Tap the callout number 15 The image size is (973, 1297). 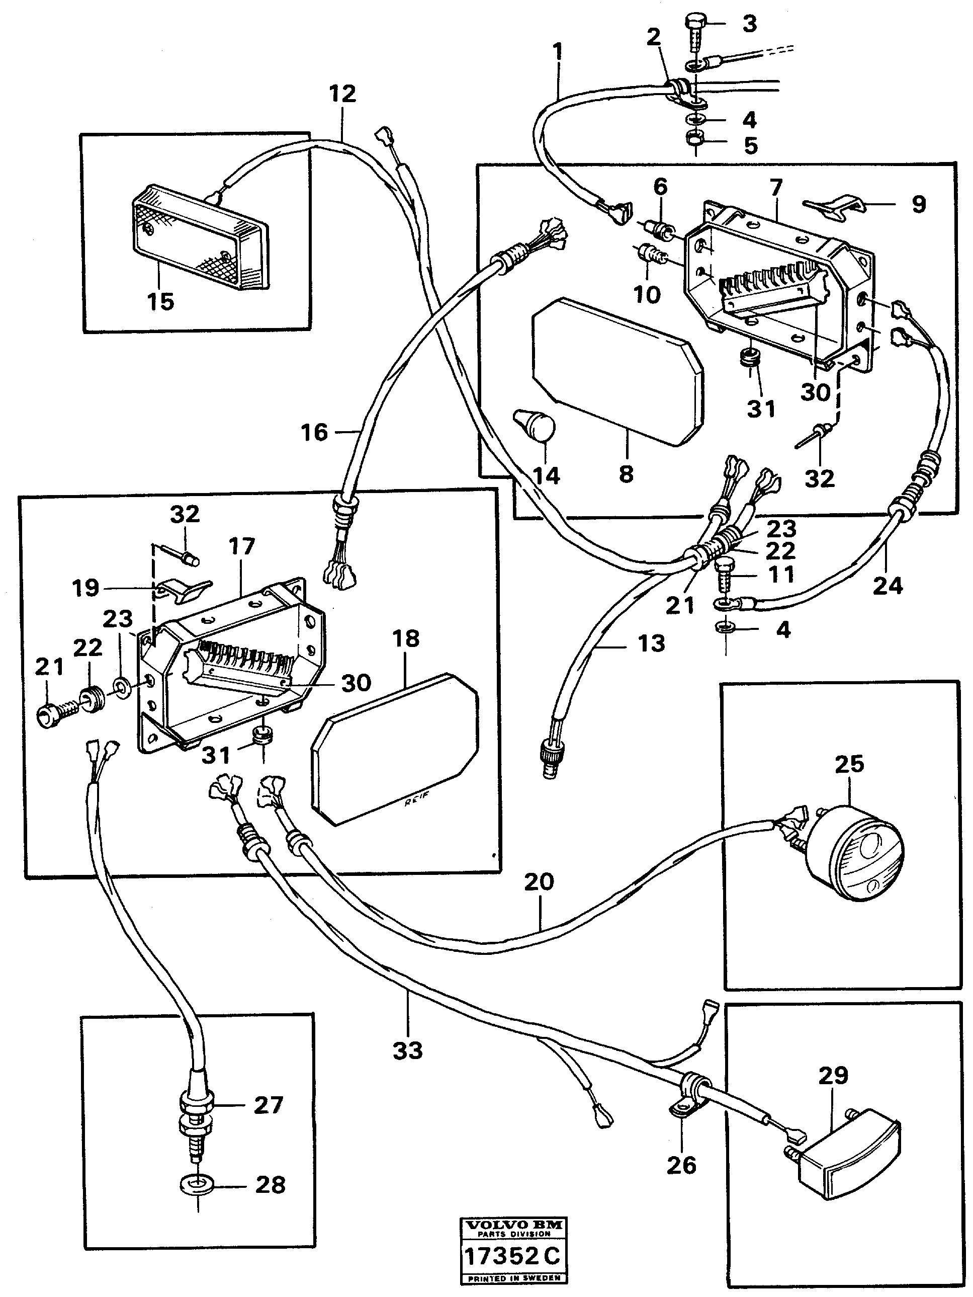click(x=160, y=302)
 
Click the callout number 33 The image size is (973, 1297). click(x=407, y=1050)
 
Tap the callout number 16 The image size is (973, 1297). click(x=314, y=433)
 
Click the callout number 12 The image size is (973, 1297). click(x=342, y=94)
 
